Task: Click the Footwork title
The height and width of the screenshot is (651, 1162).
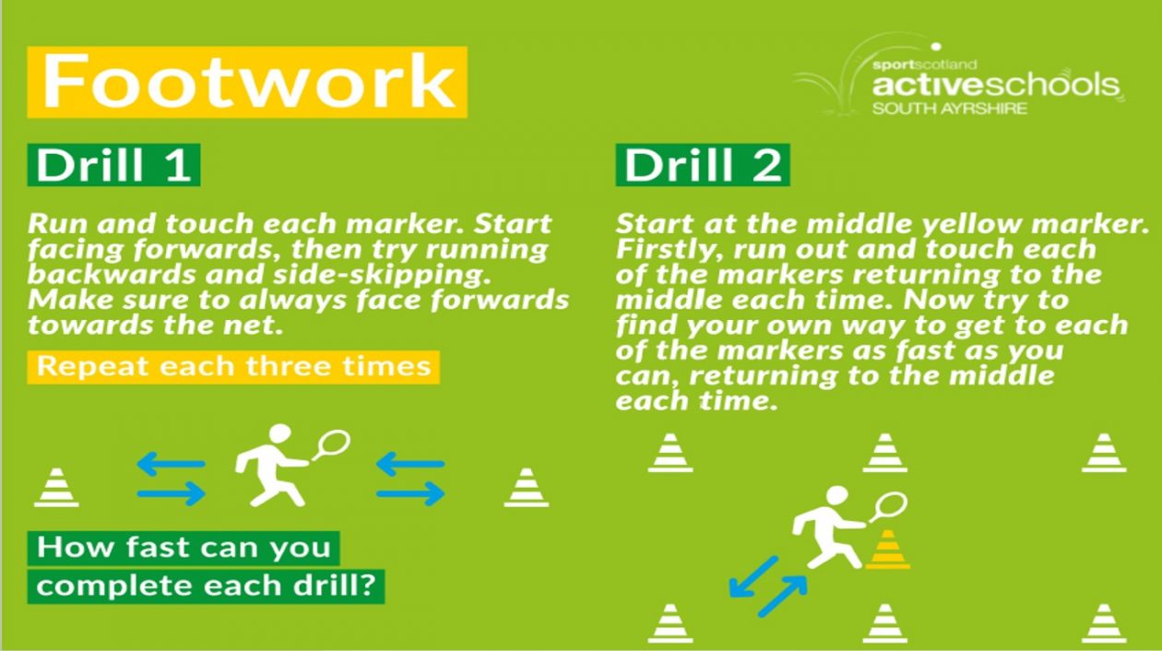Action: tap(247, 82)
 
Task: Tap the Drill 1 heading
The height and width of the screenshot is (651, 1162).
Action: tap(113, 165)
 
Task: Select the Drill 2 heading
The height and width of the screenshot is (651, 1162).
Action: tap(703, 165)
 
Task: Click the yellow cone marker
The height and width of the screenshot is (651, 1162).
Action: tap(887, 550)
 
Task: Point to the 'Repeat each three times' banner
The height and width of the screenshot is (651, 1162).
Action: tap(233, 367)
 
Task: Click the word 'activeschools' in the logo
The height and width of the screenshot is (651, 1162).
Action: tap(995, 86)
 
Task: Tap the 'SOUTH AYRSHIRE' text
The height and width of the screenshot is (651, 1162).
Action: tap(949, 109)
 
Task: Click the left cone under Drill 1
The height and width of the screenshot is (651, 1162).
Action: tap(56, 487)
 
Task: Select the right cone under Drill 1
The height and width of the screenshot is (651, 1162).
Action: tap(527, 487)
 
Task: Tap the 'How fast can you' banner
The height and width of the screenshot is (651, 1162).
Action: tap(184, 548)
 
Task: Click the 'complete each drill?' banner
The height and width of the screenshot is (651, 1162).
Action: tap(206, 586)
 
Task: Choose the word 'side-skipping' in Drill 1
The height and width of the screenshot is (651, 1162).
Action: tap(382, 275)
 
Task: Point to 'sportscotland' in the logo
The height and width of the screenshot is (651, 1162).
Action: tap(924, 65)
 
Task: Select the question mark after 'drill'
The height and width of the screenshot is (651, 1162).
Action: tap(367, 586)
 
